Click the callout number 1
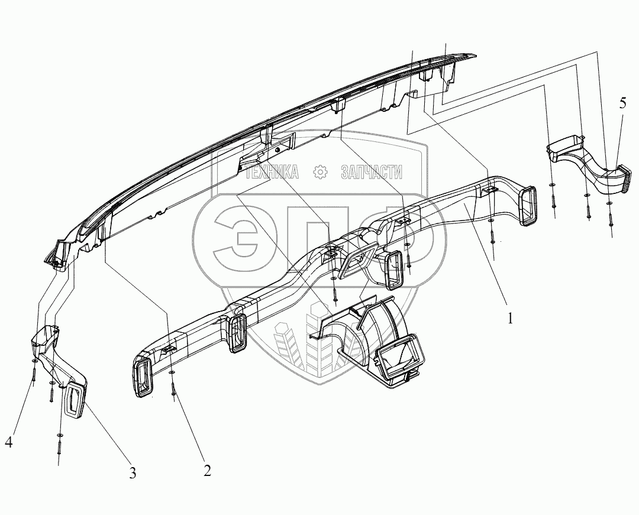(510, 319)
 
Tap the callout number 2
(206, 471)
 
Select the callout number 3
(133, 472)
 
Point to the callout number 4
(9, 441)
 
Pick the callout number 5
(622, 104)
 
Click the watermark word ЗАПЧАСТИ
(372, 172)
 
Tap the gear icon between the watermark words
(321, 172)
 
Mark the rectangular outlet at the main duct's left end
(144, 377)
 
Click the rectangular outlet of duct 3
(76, 400)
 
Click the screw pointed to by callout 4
(34, 373)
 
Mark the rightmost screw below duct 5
(611, 219)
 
